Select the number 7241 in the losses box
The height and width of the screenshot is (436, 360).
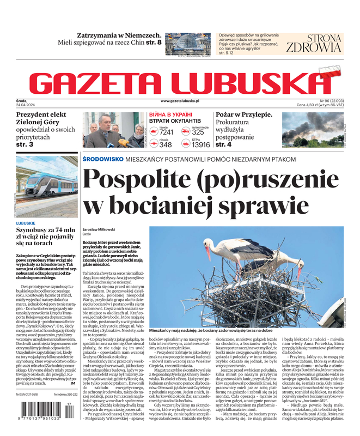pos(166,132)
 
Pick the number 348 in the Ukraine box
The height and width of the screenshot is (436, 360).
pos(165,144)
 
